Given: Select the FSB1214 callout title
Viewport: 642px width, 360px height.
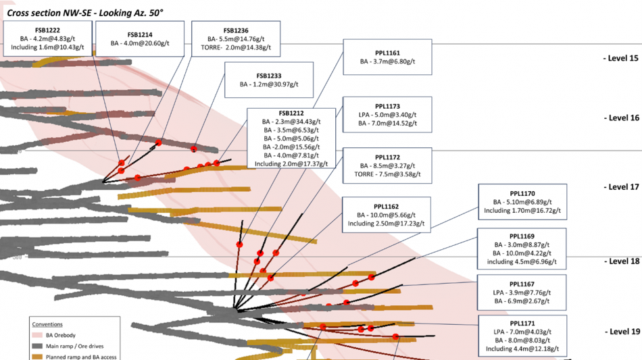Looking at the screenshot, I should pos(140,34).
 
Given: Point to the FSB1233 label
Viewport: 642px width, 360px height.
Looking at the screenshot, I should pos(268,76).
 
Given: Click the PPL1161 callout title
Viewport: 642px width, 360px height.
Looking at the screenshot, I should pos(387,52).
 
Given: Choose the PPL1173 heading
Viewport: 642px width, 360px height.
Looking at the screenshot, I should pos(387,106).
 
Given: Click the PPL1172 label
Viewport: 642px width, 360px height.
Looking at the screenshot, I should pos(387,157).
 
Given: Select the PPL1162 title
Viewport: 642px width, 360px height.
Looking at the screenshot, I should pos(387,207).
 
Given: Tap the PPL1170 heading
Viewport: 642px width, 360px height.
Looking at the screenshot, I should pos(522,193).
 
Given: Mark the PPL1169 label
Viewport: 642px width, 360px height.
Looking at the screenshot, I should pos(522,237).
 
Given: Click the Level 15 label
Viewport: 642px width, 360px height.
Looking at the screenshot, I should pos(620,59).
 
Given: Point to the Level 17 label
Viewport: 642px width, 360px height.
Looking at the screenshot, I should pos(620,187).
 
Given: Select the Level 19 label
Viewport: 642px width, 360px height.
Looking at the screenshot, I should pos(620,332).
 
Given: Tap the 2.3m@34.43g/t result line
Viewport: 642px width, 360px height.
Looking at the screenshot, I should pos(291,122).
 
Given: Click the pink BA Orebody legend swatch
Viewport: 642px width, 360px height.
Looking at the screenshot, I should pos(39,334).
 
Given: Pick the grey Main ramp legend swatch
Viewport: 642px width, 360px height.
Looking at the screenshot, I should pos(39,345).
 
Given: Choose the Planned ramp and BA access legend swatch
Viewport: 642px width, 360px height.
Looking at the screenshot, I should pos(39,356).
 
